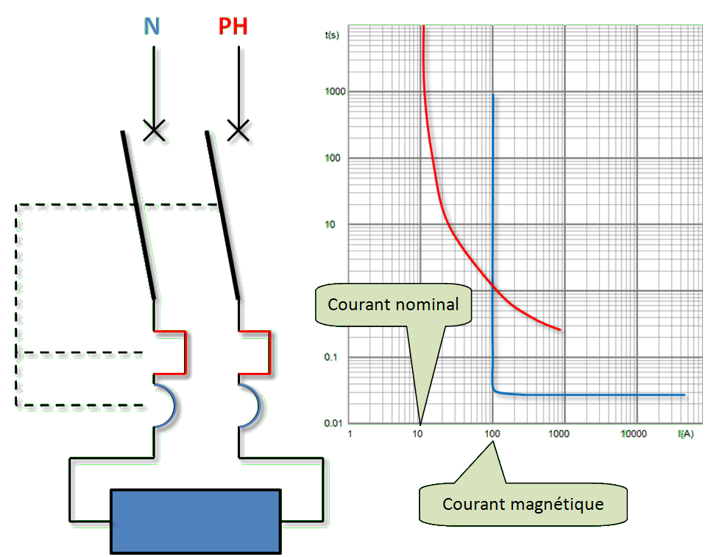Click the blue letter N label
[x=153, y=27]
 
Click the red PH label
[x=233, y=27]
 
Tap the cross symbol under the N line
[x=155, y=131]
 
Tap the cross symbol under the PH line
[x=238, y=131]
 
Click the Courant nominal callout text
[x=393, y=304]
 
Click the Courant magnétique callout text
[x=523, y=505]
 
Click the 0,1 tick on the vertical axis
[x=339, y=357]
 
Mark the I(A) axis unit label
[x=685, y=434]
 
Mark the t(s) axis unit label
[x=333, y=35]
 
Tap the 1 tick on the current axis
[x=350, y=434]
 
